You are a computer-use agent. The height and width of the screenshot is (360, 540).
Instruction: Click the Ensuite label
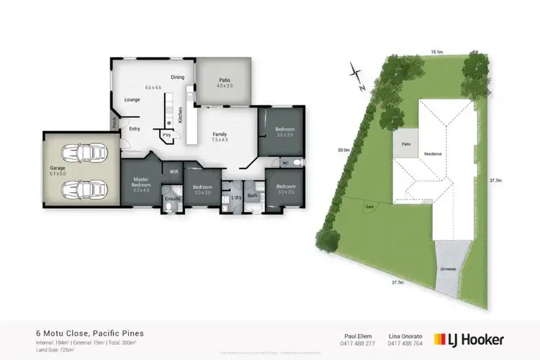click(173, 198)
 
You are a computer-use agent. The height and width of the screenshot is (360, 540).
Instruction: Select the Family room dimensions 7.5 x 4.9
click(220, 140)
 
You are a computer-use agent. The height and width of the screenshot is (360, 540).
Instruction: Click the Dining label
click(177, 77)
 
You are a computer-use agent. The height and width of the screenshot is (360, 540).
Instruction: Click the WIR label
click(174, 171)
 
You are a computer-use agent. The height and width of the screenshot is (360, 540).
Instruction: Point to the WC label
click(286, 162)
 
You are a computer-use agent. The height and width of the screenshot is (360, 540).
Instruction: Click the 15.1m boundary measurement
click(436, 52)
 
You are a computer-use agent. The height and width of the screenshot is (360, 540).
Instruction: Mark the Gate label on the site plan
click(369, 206)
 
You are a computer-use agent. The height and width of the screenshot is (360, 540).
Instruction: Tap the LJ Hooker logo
click(469, 338)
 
